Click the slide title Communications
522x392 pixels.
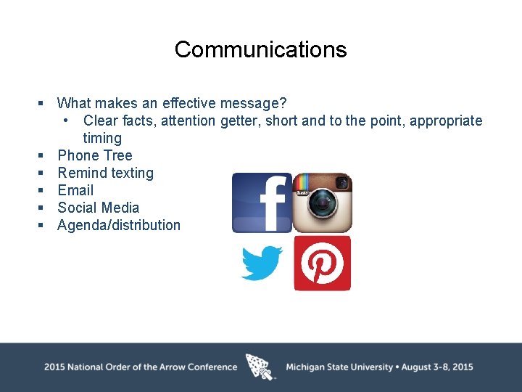260,49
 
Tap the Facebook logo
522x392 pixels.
262,203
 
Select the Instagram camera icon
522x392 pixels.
322,203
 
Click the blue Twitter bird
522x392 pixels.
262,263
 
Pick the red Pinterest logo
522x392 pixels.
322,263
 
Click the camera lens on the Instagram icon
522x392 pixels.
321,207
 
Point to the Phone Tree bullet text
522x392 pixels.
94,155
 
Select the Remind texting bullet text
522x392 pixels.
105,173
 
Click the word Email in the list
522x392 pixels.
75,190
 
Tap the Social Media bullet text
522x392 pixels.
98,208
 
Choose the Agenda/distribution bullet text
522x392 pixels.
119,225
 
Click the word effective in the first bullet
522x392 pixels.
188,103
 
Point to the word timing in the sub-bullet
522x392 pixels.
102,138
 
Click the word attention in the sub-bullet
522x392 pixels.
188,121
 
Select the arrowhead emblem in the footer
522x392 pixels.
260,367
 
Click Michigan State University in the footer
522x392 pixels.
339,367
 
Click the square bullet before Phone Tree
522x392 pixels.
42,156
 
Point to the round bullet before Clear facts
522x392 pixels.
66,121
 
